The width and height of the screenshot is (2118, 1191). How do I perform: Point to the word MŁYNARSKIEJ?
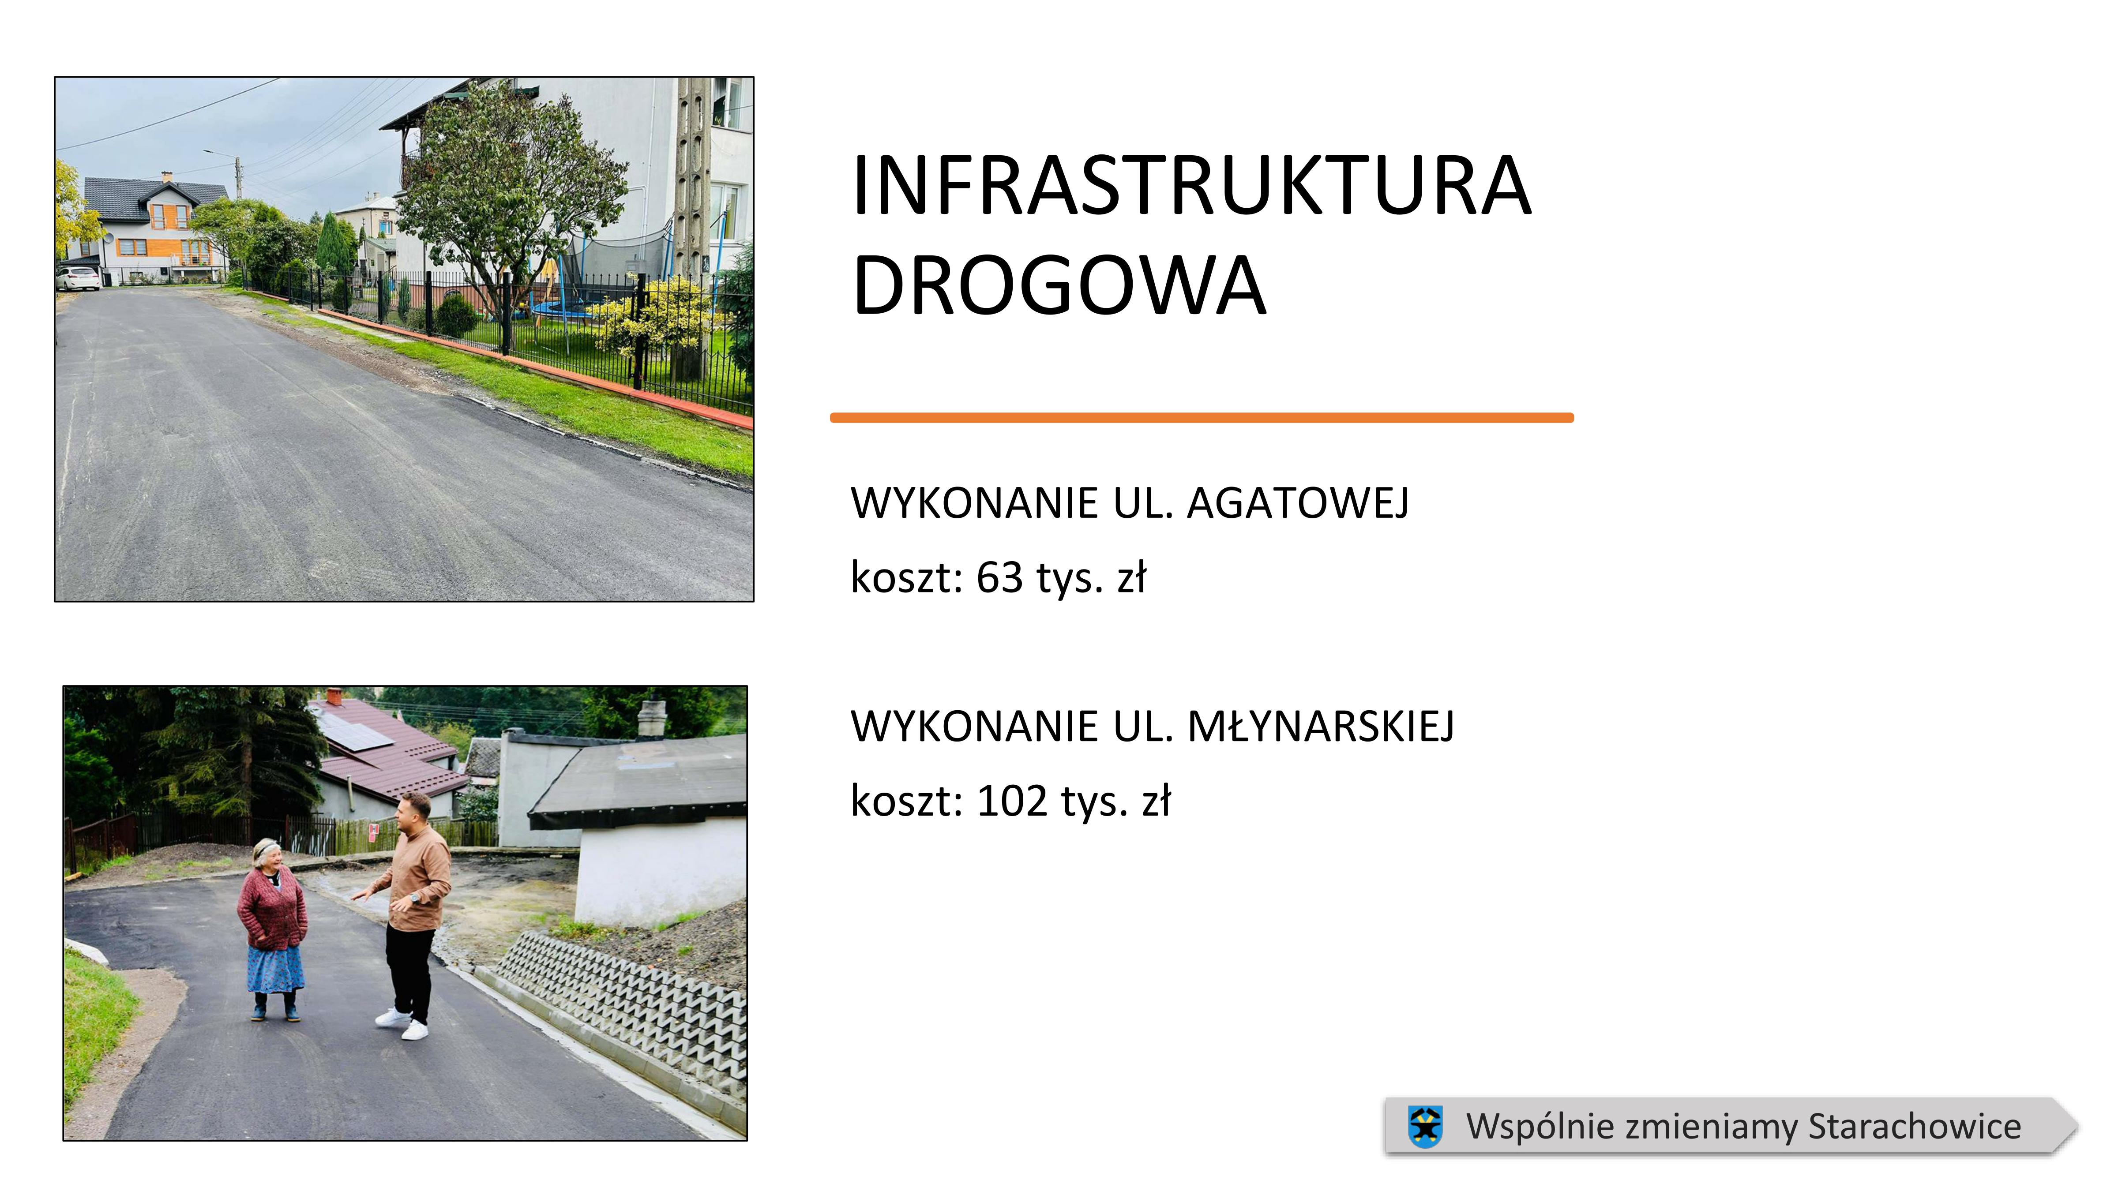(1321, 727)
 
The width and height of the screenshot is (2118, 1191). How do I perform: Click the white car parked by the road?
(78, 279)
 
